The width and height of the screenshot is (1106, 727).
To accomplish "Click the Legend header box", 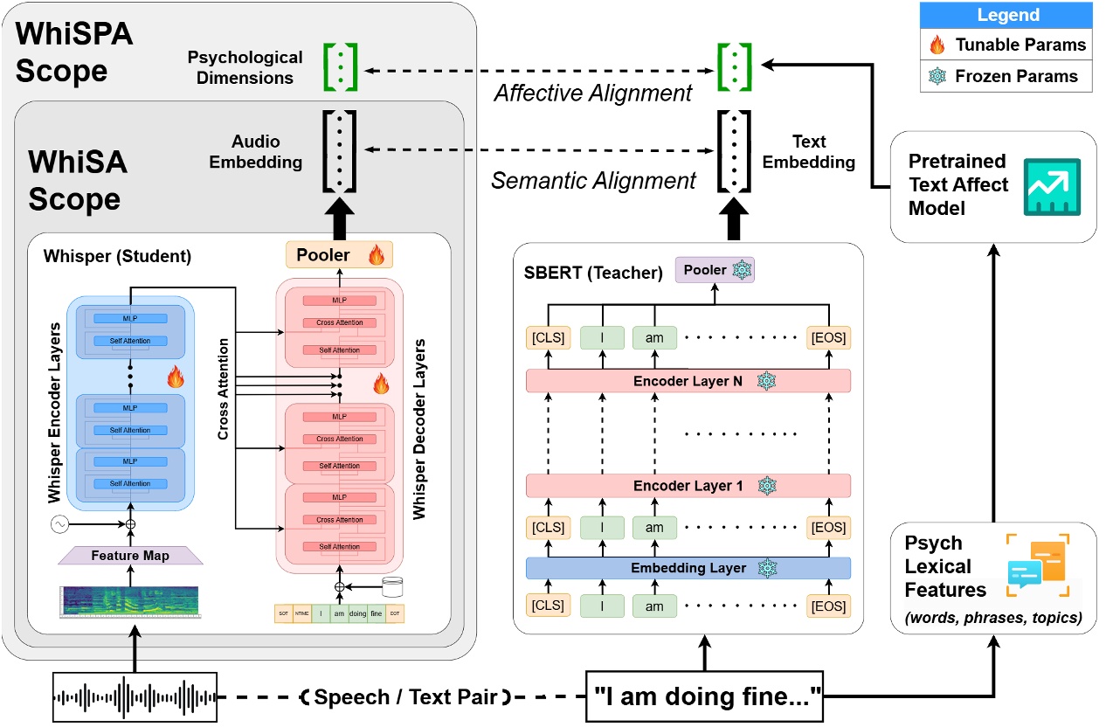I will pos(1007,15).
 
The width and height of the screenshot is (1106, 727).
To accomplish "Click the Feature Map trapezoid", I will pos(129,554).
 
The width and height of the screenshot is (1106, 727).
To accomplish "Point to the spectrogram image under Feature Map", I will pos(129,602).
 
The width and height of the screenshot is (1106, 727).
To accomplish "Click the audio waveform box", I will pos(134,697).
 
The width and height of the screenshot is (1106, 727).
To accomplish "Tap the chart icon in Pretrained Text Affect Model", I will pos(1052,186).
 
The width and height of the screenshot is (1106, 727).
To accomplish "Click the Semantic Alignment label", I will pos(594,180).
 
